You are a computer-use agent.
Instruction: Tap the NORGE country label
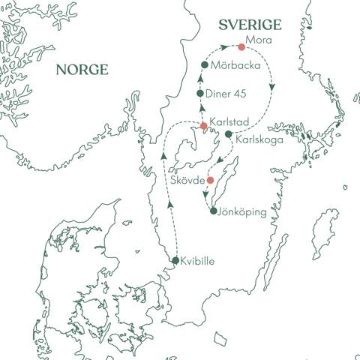click(82, 70)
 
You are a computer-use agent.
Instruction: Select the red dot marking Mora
click(241, 47)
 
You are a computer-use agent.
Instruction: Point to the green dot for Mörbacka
click(204, 65)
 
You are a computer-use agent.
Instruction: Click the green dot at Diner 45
click(200, 93)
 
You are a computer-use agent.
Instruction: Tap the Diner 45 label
click(228, 94)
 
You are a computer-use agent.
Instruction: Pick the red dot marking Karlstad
click(204, 125)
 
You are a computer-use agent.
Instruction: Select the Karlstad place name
click(229, 120)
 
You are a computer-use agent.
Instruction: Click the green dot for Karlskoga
click(229, 134)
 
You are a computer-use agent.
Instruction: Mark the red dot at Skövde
click(211, 180)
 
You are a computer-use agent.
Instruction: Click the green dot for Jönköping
click(214, 211)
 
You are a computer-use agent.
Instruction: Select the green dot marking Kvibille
click(175, 261)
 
